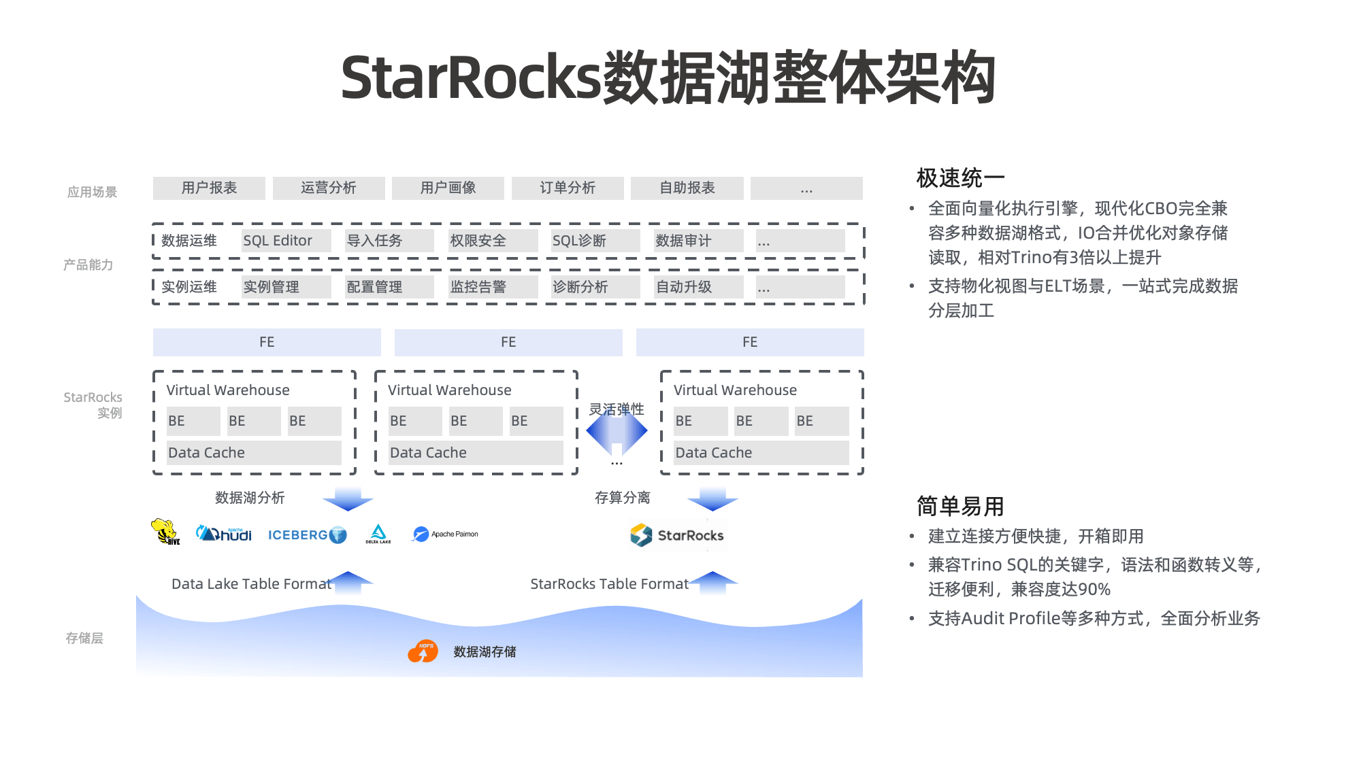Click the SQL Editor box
(286, 241)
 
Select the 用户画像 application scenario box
(448, 188)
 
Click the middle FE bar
(508, 342)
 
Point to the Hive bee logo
(165, 532)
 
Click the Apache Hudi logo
(224, 534)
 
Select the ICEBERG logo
(307, 535)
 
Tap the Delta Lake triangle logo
(378, 534)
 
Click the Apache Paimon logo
(445, 534)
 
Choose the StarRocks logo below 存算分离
(677, 535)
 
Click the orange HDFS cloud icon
(423, 651)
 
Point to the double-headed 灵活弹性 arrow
(617, 431)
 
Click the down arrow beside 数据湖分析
(348, 499)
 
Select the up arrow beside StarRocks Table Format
(712, 582)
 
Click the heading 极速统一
(960, 178)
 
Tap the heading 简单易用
(960, 507)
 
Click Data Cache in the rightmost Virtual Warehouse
(761, 453)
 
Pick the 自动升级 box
(698, 287)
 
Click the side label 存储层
(84, 638)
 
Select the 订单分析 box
(568, 188)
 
